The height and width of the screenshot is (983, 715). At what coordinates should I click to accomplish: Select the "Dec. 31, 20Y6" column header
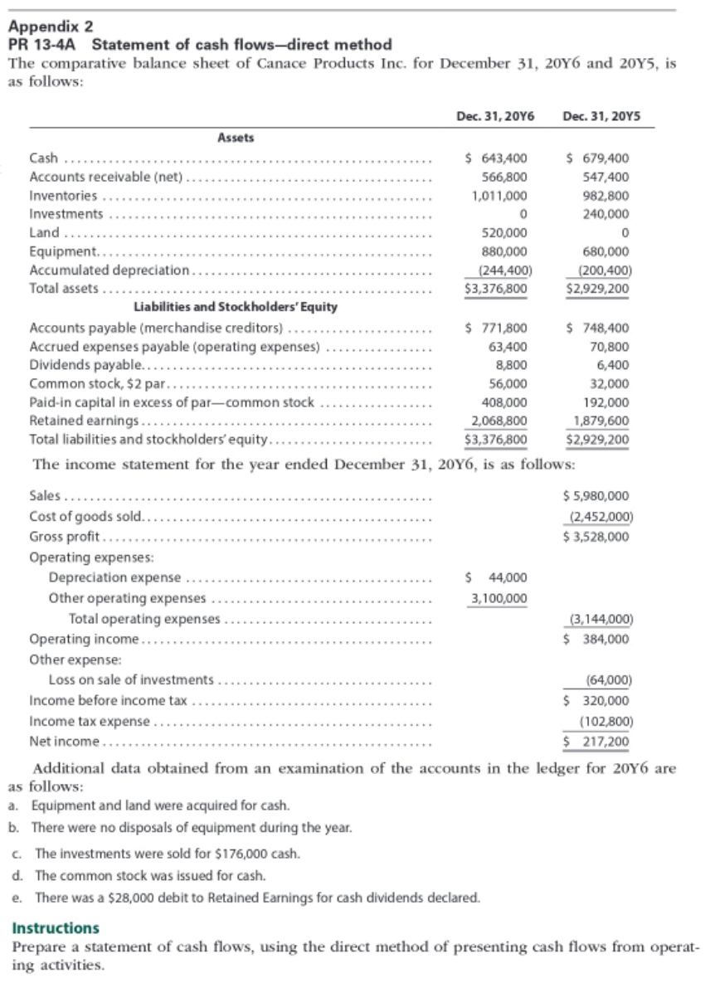pyautogui.click(x=494, y=118)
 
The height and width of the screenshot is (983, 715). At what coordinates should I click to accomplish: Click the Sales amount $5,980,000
pyautogui.click(x=595, y=496)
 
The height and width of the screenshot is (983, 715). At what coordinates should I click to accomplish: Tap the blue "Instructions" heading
pyautogui.click(x=55, y=927)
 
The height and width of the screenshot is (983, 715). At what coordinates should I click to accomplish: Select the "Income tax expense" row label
pyautogui.click(x=90, y=721)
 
